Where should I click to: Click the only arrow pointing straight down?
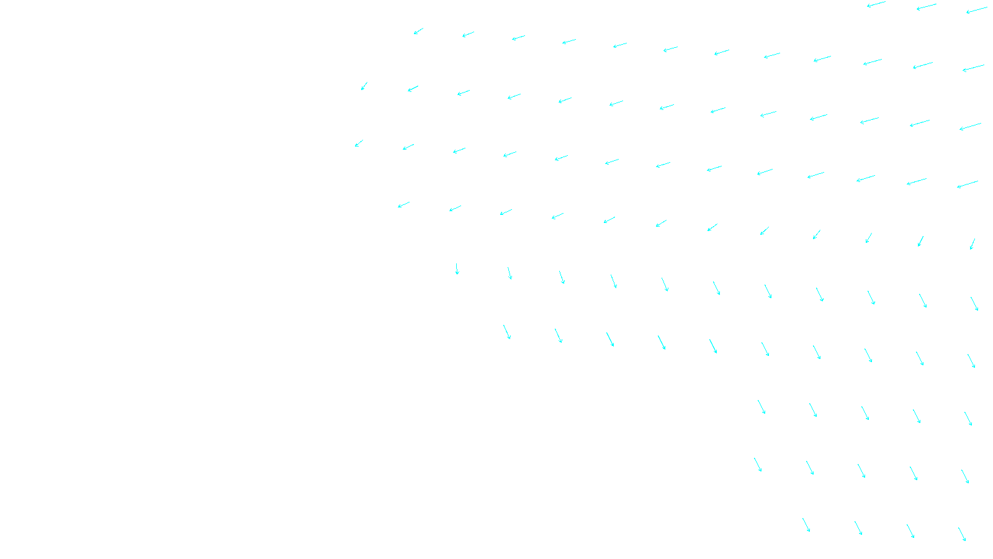pos(457,269)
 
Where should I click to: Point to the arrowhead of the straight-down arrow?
pos(457,273)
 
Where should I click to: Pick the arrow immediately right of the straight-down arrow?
pos(510,273)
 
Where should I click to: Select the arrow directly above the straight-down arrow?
pos(455,209)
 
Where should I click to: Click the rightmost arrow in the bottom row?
pos(962,534)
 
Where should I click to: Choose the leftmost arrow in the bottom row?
pos(806,525)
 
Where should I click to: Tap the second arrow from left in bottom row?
pos(858,528)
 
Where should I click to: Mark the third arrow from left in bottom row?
pos(910,531)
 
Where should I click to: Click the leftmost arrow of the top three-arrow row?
pos(876,4)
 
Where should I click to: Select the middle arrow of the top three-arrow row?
pos(926,7)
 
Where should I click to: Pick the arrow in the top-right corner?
pos(977,10)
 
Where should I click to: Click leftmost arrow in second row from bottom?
pos(758,465)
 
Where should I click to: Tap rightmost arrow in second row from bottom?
pos(965,476)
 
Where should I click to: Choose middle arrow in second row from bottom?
pos(861,471)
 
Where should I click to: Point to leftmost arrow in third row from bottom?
pos(762,407)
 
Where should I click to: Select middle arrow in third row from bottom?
pos(865,413)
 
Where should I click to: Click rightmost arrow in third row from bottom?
pos(968,419)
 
